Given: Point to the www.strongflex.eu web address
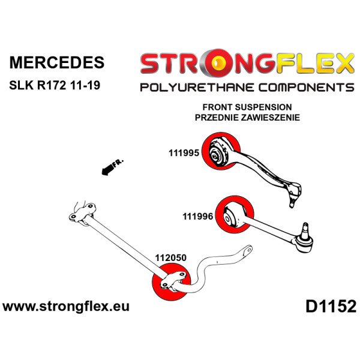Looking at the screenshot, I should coord(66,307).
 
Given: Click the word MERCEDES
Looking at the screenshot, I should coord(56,63).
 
